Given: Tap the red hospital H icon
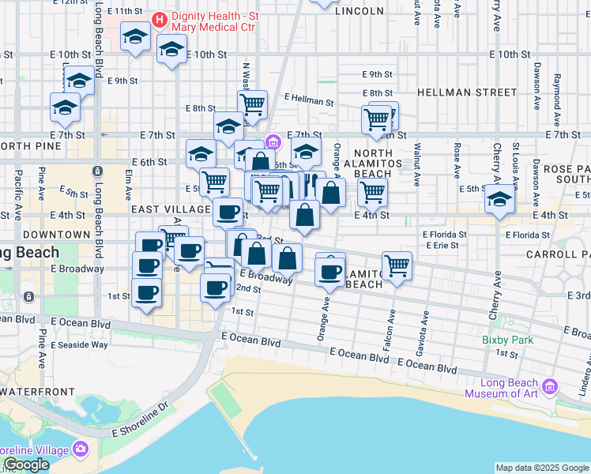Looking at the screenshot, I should pyautogui.click(x=159, y=17).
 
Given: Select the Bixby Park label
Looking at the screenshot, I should pyautogui.click(x=507, y=340).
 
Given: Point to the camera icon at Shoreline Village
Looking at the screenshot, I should pyautogui.click(x=80, y=450).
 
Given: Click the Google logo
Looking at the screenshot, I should pyautogui.click(x=26, y=465).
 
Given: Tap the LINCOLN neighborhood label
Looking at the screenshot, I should pyautogui.click(x=359, y=11).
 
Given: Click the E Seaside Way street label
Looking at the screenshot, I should pyautogui.click(x=79, y=344).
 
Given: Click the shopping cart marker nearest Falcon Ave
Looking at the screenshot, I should pyautogui.click(x=397, y=265).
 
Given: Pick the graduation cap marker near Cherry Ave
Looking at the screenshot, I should pyautogui.click(x=499, y=201).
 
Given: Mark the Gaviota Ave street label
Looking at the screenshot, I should pyautogui.click(x=426, y=325).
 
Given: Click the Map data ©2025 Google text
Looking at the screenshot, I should pyautogui.click(x=542, y=468).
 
